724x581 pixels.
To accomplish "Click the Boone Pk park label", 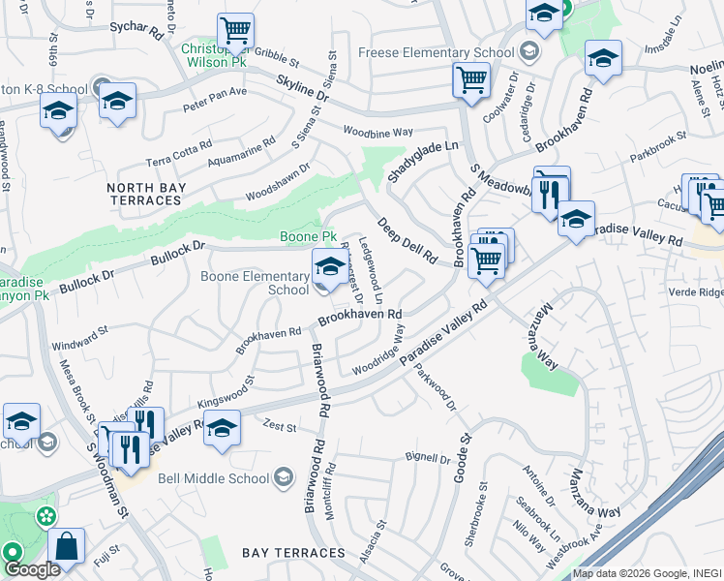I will pos(308,236).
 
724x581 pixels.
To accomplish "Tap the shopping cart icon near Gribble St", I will pos(236,32).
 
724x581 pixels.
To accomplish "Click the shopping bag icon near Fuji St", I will pos(67,546).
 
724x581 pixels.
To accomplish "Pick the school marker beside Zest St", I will pos(222,427).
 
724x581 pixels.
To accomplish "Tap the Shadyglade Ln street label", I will pos(422,157).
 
